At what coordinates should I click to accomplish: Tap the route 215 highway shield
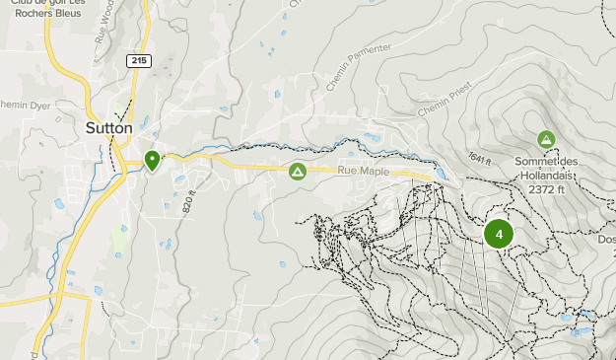139,61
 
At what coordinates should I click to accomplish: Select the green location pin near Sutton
152,159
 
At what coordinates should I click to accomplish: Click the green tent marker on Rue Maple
297,173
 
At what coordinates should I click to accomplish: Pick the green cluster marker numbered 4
499,234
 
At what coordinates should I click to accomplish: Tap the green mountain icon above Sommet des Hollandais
545,140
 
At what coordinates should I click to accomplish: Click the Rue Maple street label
363,172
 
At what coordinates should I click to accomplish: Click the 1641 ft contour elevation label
480,157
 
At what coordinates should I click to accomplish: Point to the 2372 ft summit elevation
546,189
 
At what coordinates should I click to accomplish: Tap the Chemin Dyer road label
24,103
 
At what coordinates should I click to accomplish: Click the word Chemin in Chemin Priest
430,108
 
